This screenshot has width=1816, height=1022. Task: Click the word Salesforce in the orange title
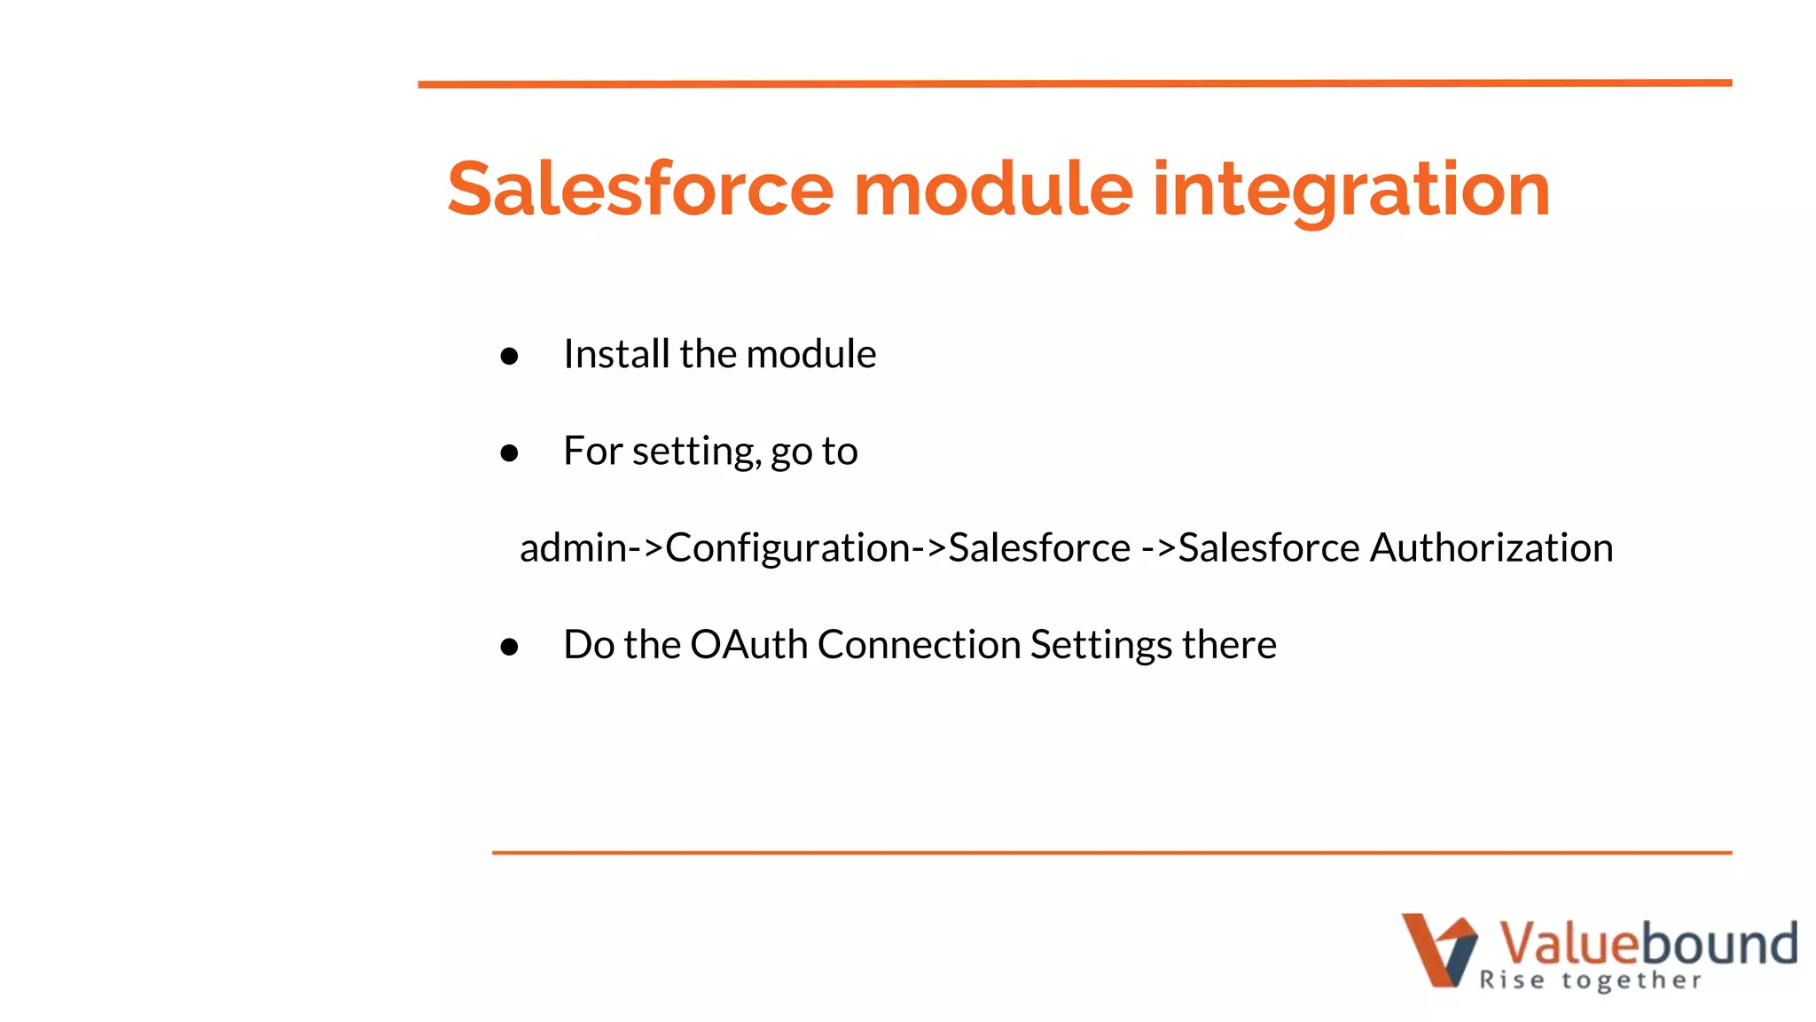click(x=640, y=189)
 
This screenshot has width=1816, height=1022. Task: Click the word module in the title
click(x=992, y=189)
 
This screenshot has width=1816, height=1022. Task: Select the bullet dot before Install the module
click(x=509, y=357)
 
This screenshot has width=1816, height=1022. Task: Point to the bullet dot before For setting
click(x=509, y=453)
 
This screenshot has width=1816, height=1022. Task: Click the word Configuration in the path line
click(x=787, y=547)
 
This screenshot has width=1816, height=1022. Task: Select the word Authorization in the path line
click(x=1491, y=547)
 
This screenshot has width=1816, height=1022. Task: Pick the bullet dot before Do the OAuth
click(x=509, y=647)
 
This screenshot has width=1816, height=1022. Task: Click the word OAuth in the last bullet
click(x=748, y=644)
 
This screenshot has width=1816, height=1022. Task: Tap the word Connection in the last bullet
click(x=919, y=644)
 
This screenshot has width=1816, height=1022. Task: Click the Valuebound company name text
click(x=1648, y=942)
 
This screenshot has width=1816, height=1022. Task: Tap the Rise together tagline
click(x=1590, y=980)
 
